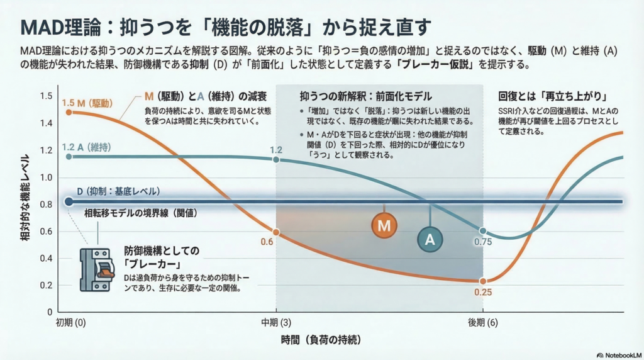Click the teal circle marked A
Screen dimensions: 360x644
[430, 239]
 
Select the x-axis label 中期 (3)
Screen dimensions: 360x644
[276, 322]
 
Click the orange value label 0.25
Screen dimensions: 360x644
[483, 292]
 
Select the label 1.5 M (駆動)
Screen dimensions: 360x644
[89, 102]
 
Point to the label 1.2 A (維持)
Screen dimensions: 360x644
[89, 147]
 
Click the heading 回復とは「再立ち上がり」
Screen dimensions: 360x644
[552, 98]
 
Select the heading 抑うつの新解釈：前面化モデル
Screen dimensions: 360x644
[366, 98]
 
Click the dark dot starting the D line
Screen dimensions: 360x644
[69, 201]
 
